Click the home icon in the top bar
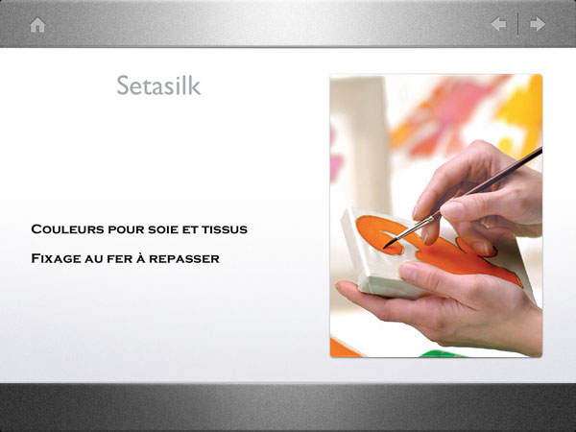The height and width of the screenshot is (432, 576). (x=37, y=25)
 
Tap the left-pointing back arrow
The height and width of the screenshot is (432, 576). (x=498, y=24)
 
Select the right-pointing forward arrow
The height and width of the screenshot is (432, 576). (x=538, y=24)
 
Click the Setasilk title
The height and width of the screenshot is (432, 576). (x=158, y=85)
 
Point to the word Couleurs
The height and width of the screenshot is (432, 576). (x=67, y=229)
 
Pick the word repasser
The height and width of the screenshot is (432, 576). (x=184, y=259)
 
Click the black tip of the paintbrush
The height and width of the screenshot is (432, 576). (x=390, y=243)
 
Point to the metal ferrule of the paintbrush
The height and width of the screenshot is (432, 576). (x=417, y=227)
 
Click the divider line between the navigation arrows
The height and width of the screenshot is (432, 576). (x=518, y=24)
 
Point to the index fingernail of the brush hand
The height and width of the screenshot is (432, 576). (x=452, y=209)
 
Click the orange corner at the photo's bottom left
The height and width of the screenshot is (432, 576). (x=344, y=349)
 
